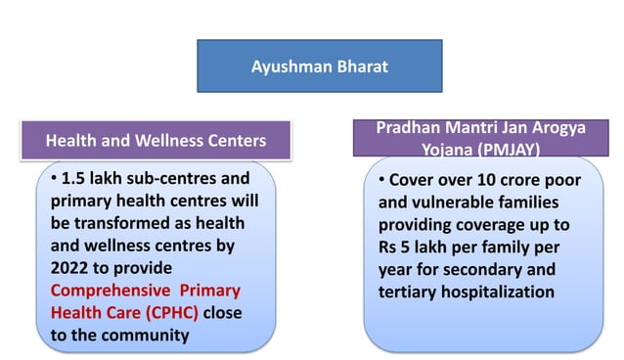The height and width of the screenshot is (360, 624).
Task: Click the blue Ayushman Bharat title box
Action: tap(319, 67)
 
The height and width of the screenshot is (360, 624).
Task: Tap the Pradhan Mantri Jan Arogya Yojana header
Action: tap(478, 138)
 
